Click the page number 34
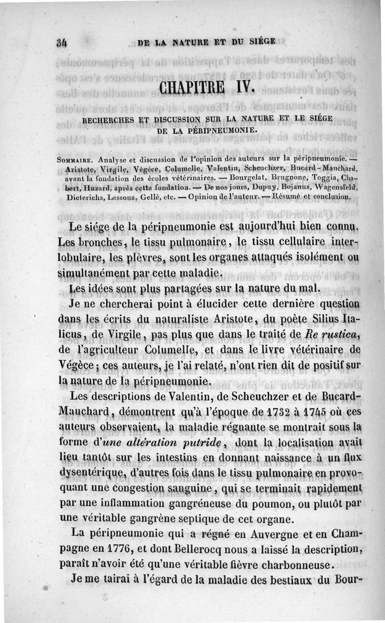[60, 42]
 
